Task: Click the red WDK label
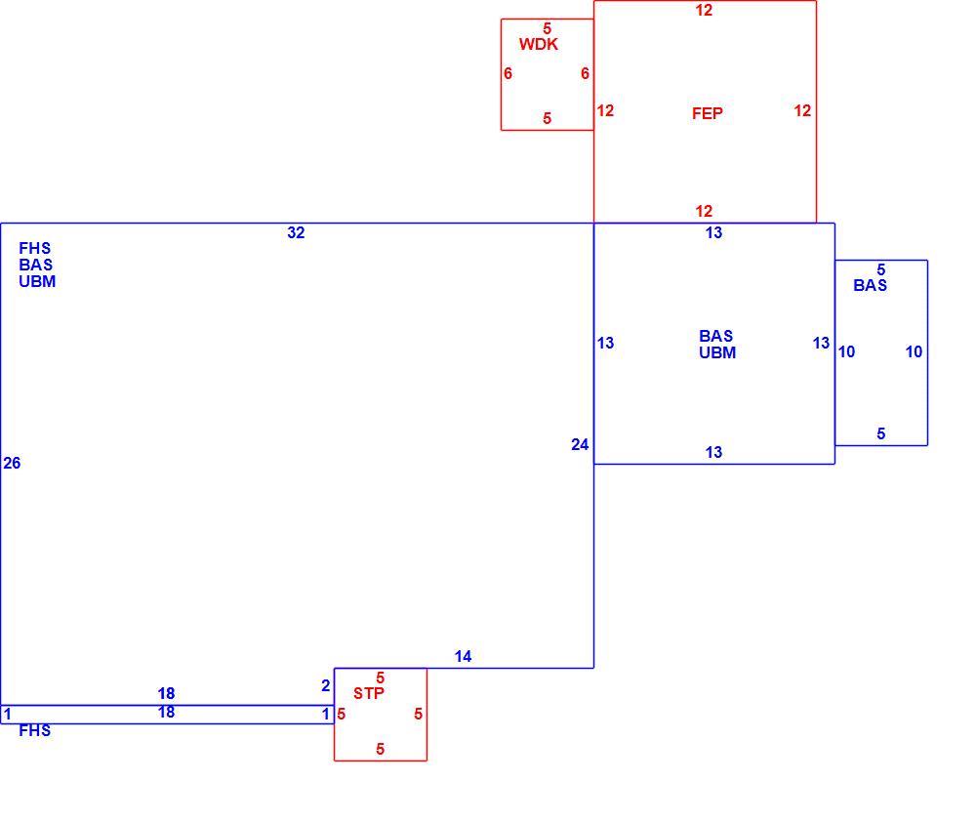pyautogui.click(x=539, y=44)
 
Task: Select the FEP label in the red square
pyautogui.click(x=707, y=113)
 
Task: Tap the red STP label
pyautogui.click(x=369, y=693)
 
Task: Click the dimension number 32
pyautogui.click(x=297, y=233)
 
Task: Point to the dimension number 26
pyautogui.click(x=12, y=463)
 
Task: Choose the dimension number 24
pyautogui.click(x=580, y=444)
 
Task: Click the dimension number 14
pyautogui.click(x=463, y=656)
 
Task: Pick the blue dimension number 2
pyautogui.click(x=326, y=685)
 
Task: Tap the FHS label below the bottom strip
pyautogui.click(x=35, y=730)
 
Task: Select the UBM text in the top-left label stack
pyautogui.click(x=37, y=281)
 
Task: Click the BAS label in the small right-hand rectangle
pyautogui.click(x=871, y=285)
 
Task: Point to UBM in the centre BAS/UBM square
pyautogui.click(x=717, y=352)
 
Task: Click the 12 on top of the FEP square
pyautogui.click(x=704, y=10)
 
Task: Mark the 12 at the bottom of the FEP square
pyautogui.click(x=704, y=211)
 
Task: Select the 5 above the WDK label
pyautogui.click(x=548, y=28)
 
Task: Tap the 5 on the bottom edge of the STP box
pyautogui.click(x=381, y=749)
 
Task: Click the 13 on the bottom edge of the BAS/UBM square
pyautogui.click(x=714, y=452)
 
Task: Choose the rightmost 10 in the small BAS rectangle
pyautogui.click(x=914, y=351)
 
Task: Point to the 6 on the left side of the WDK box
pyautogui.click(x=508, y=73)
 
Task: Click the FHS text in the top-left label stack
pyautogui.click(x=35, y=249)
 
